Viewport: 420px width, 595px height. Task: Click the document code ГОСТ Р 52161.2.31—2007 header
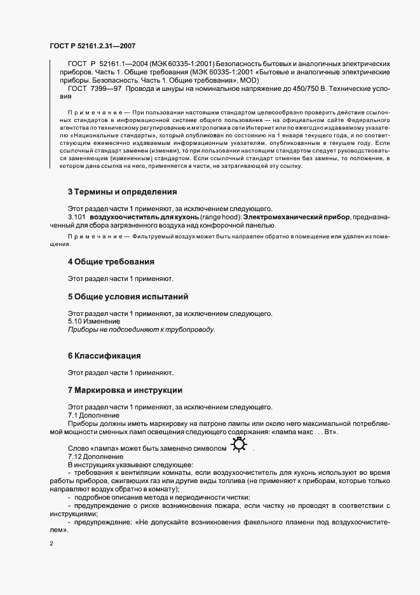click(x=92, y=46)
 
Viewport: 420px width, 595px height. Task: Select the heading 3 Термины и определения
click(x=122, y=191)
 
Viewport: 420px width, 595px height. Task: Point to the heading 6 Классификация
click(x=104, y=355)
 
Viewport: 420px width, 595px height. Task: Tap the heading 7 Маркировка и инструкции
click(x=125, y=390)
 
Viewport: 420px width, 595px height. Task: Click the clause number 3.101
click(x=76, y=217)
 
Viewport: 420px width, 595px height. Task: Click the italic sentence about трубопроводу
click(x=142, y=330)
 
